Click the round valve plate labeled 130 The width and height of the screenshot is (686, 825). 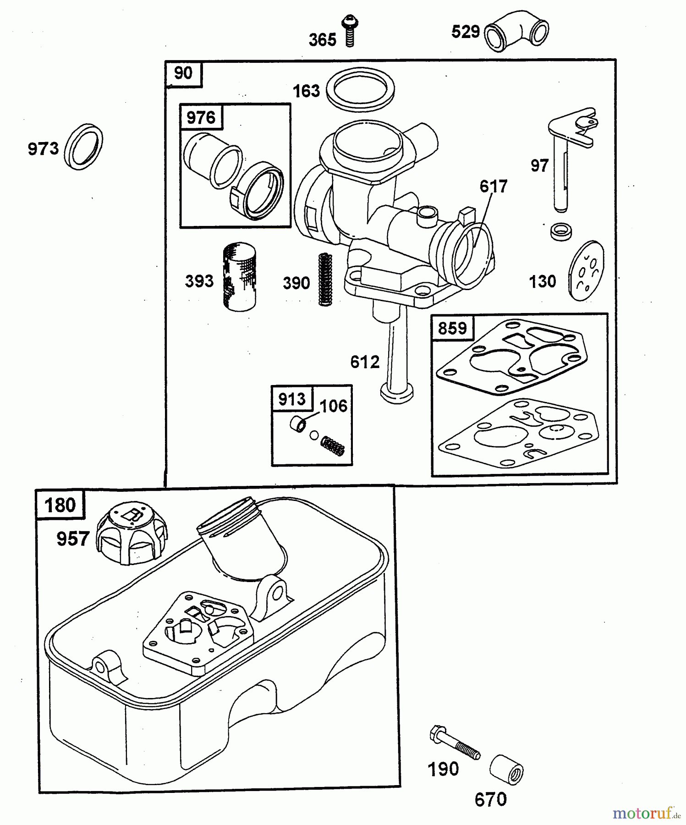pos(586,271)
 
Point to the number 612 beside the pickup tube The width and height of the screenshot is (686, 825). pos(365,362)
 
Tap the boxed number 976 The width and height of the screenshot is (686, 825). pos(201,118)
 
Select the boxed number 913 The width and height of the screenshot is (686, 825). pos(292,399)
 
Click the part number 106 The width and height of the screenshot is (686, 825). pos(333,406)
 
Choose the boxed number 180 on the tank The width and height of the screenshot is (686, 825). pos(60,505)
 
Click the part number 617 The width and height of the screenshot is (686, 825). pos(493,187)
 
